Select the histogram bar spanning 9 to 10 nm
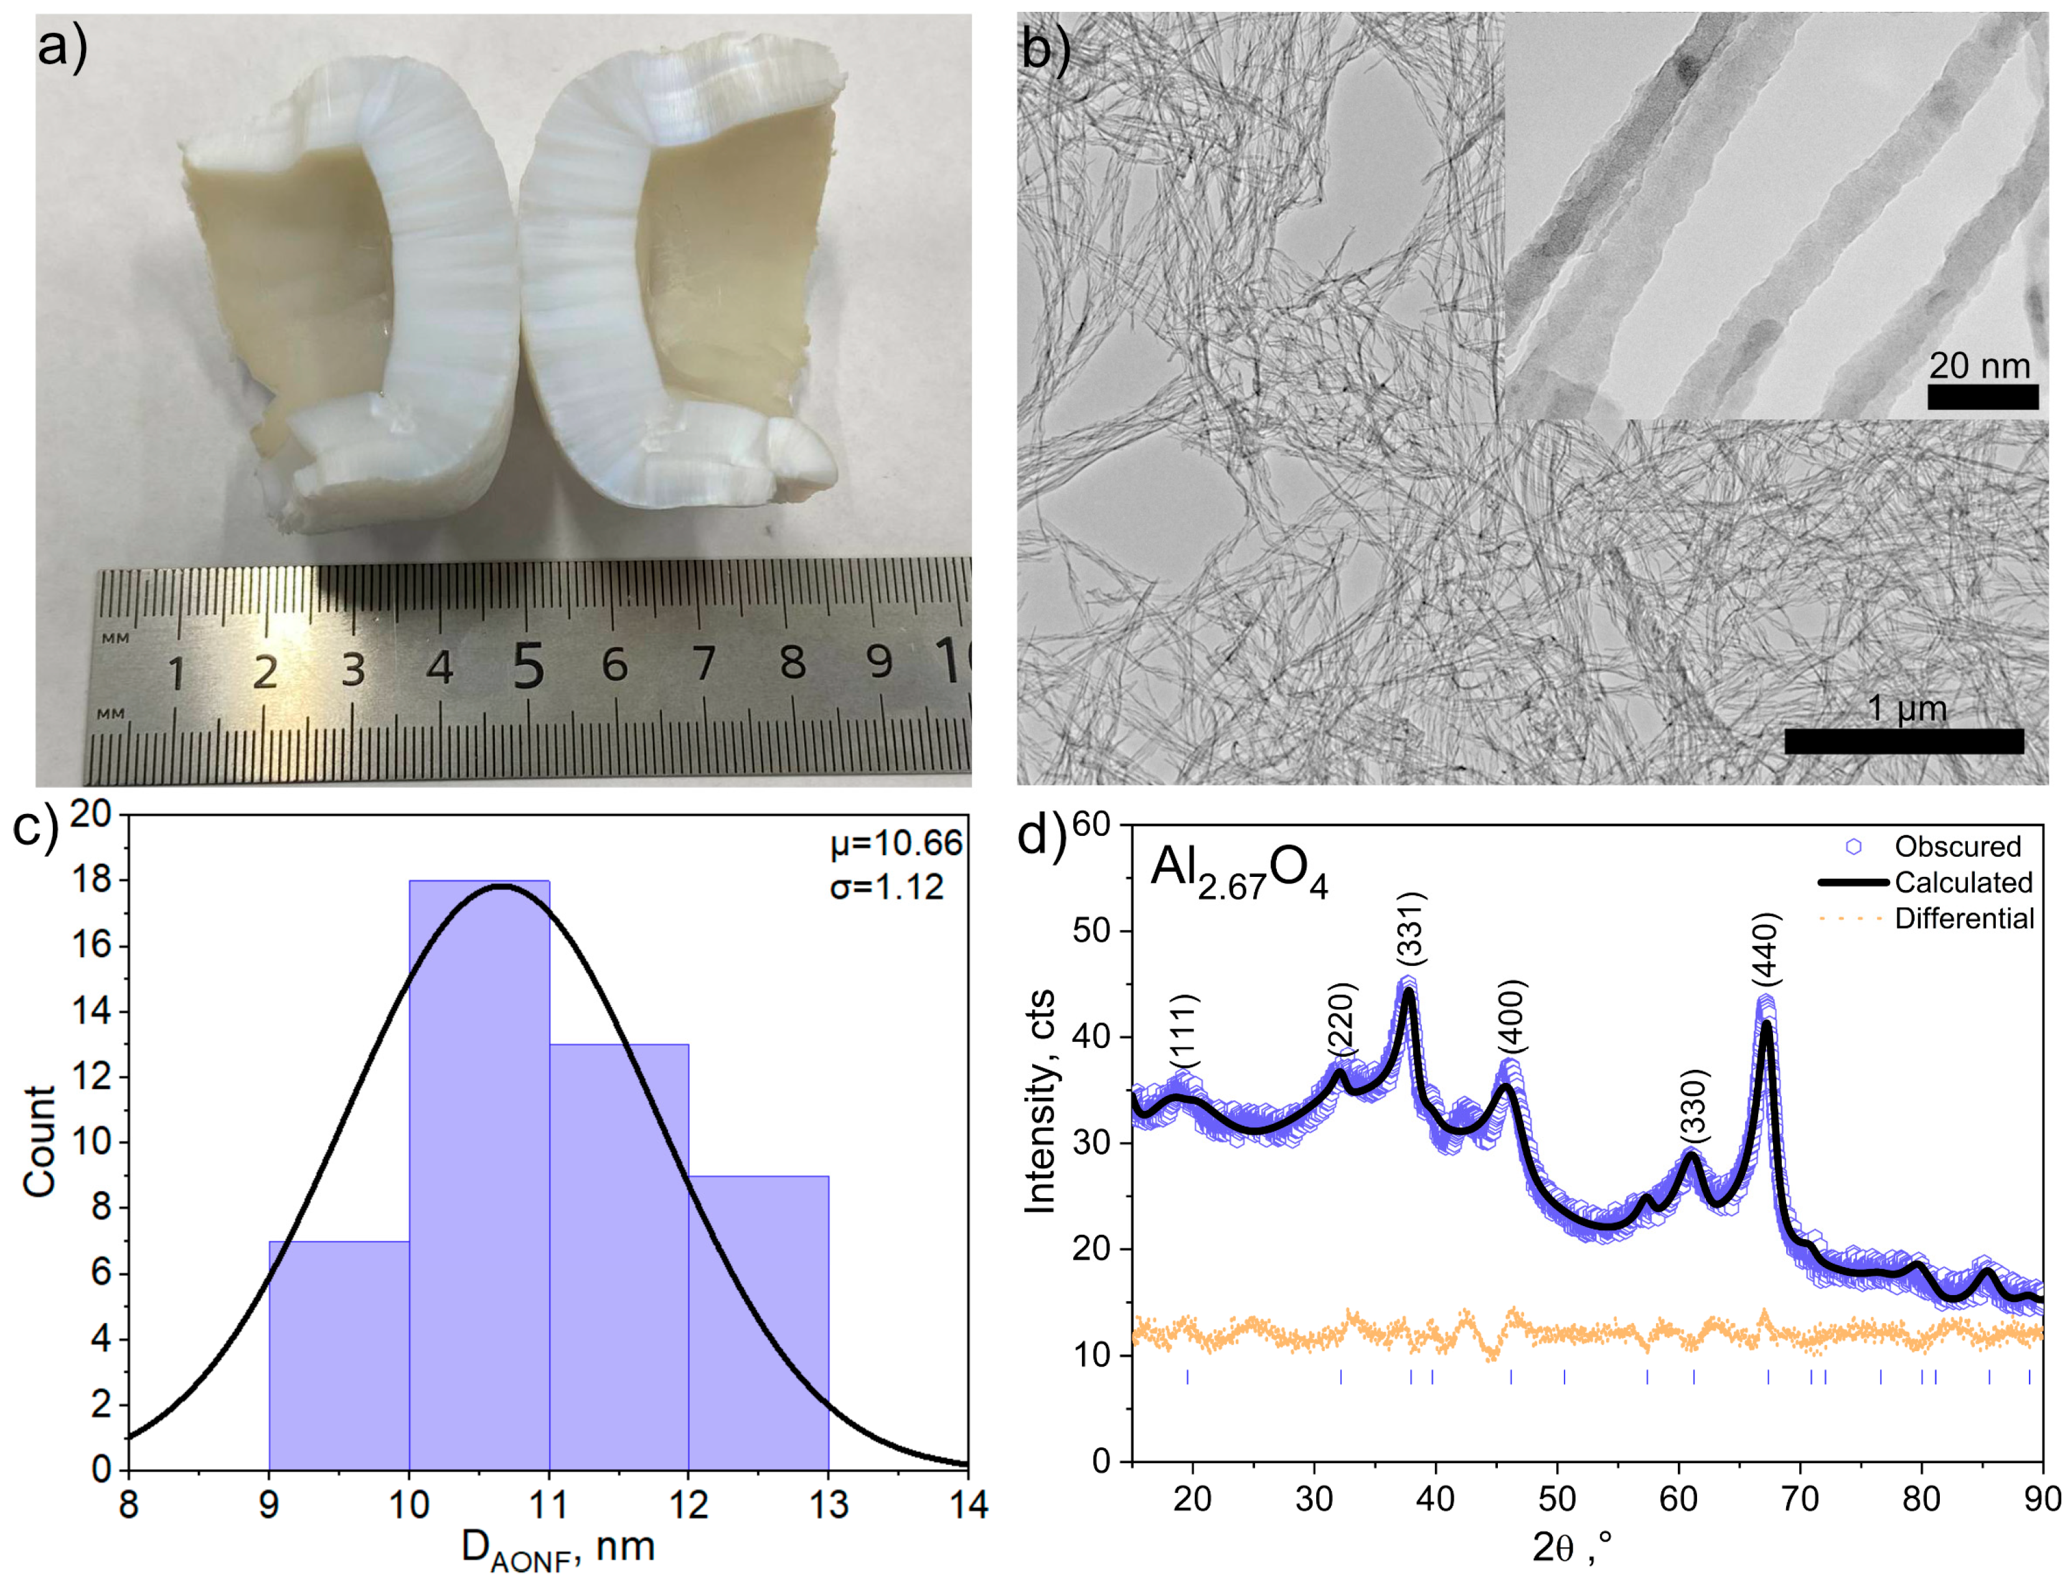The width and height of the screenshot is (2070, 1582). (x=339, y=1356)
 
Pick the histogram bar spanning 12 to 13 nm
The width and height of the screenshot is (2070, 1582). (x=758, y=1323)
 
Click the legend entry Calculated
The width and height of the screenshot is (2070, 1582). (x=1963, y=882)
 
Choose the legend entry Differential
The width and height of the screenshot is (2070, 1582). (x=1964, y=918)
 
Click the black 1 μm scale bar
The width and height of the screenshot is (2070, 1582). (x=1903, y=741)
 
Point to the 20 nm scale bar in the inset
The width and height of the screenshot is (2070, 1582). (x=1982, y=396)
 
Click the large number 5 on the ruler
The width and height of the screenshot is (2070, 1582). (x=529, y=666)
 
